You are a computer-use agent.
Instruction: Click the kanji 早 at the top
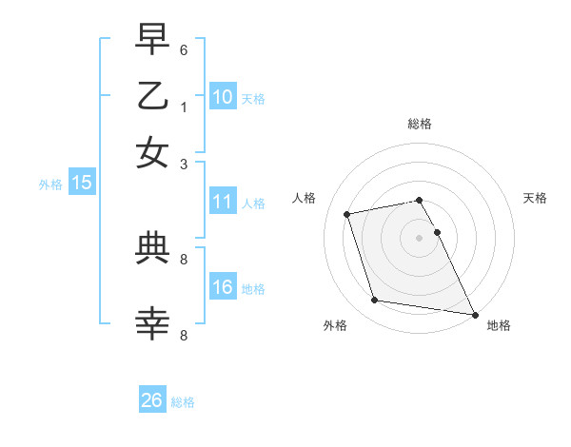(x=152, y=41)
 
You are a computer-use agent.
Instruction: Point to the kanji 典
(x=152, y=249)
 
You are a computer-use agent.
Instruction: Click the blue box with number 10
(x=223, y=96)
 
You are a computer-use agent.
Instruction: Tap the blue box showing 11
(x=223, y=202)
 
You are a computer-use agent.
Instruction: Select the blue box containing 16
(x=223, y=287)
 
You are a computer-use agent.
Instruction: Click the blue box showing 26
(x=152, y=400)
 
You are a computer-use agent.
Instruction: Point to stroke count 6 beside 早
(x=184, y=49)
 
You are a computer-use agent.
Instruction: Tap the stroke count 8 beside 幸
(x=184, y=335)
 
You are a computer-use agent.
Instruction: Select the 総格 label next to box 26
(x=183, y=402)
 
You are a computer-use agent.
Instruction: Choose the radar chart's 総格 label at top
(x=419, y=124)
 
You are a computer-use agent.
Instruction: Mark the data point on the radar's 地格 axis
(x=473, y=314)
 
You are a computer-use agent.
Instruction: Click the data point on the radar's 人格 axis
(x=347, y=213)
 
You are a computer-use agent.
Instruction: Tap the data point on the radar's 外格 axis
(x=375, y=301)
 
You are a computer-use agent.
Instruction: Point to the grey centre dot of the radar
(x=419, y=237)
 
